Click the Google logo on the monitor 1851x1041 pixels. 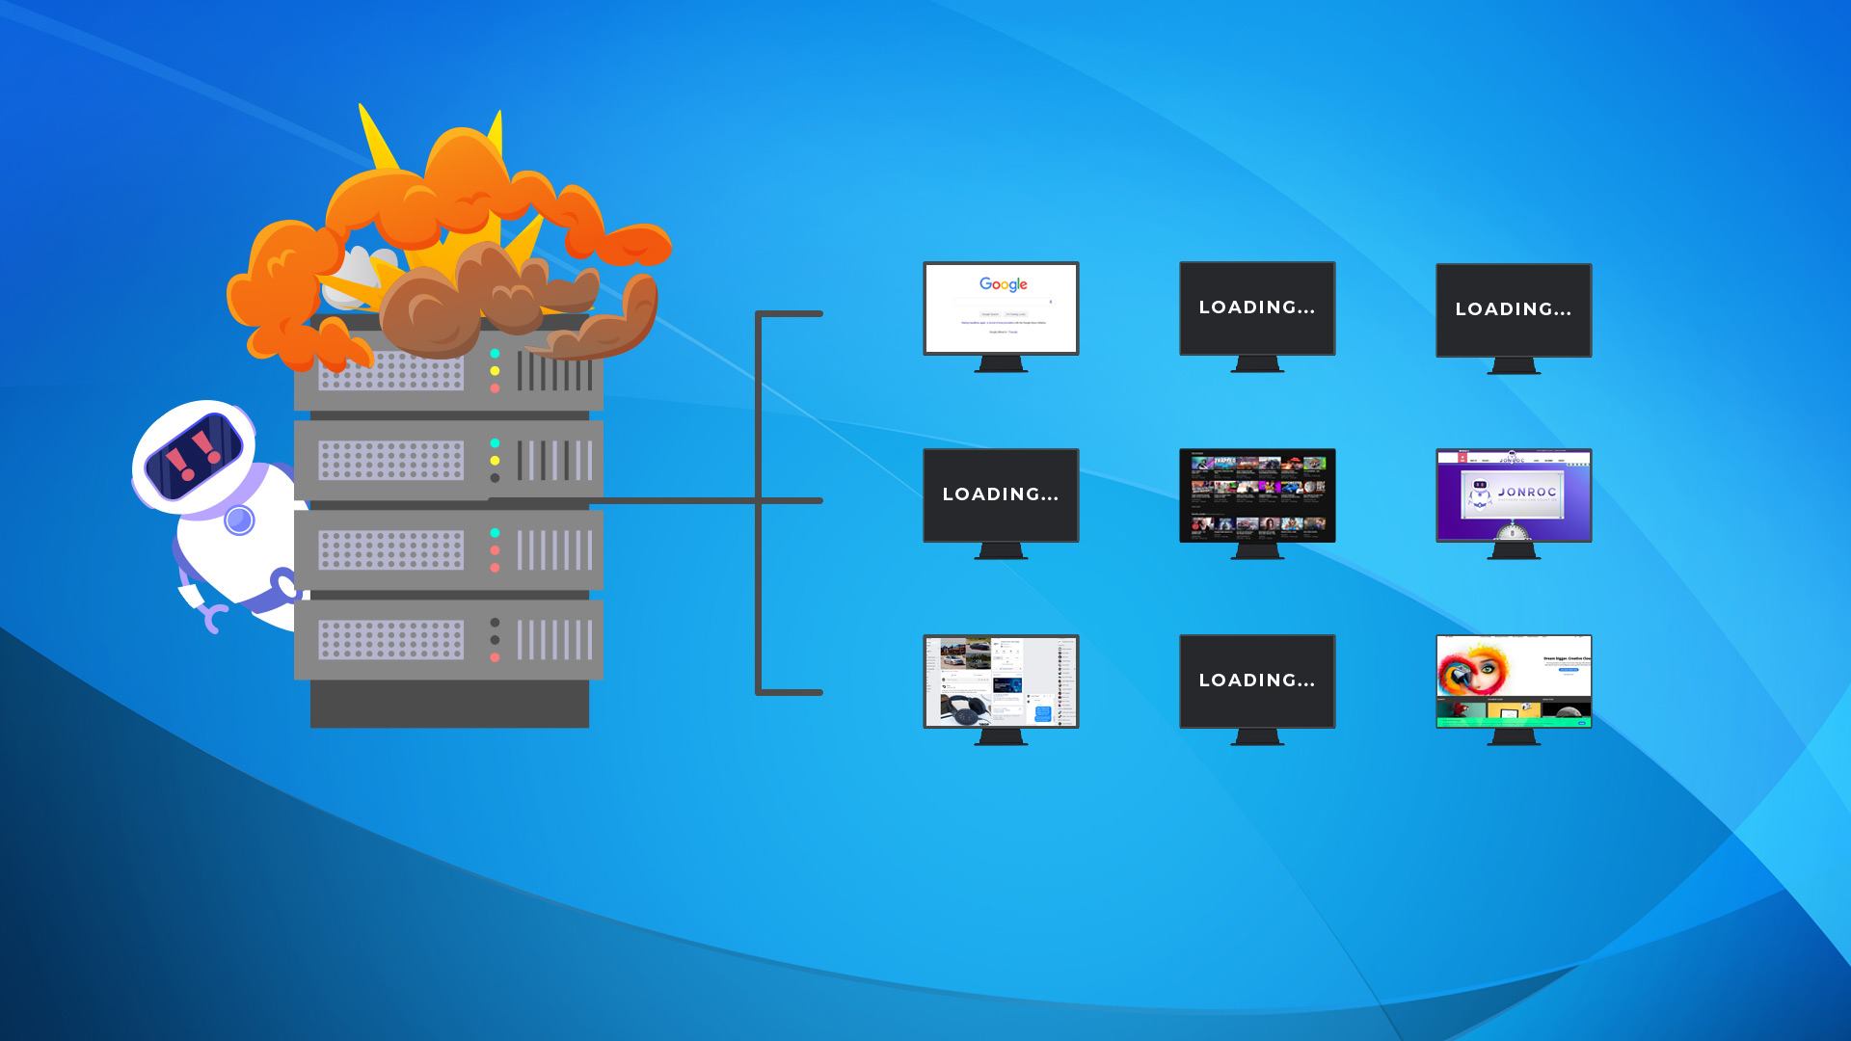[x=1003, y=284]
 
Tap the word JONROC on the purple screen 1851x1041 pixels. [x=1527, y=492]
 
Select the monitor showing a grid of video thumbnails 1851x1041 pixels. [x=1257, y=494]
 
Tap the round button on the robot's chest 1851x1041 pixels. [x=239, y=520]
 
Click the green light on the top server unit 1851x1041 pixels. [x=495, y=354]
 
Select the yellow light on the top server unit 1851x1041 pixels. [x=495, y=371]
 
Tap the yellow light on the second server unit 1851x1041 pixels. [x=495, y=461]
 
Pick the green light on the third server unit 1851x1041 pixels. [x=495, y=533]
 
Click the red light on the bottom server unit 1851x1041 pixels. [x=495, y=657]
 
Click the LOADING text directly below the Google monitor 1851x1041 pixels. [x=1001, y=494]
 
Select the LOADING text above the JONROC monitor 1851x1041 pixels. [x=1514, y=309]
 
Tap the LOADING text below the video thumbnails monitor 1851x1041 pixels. [x=1257, y=681]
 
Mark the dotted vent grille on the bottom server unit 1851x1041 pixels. [x=390, y=640]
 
